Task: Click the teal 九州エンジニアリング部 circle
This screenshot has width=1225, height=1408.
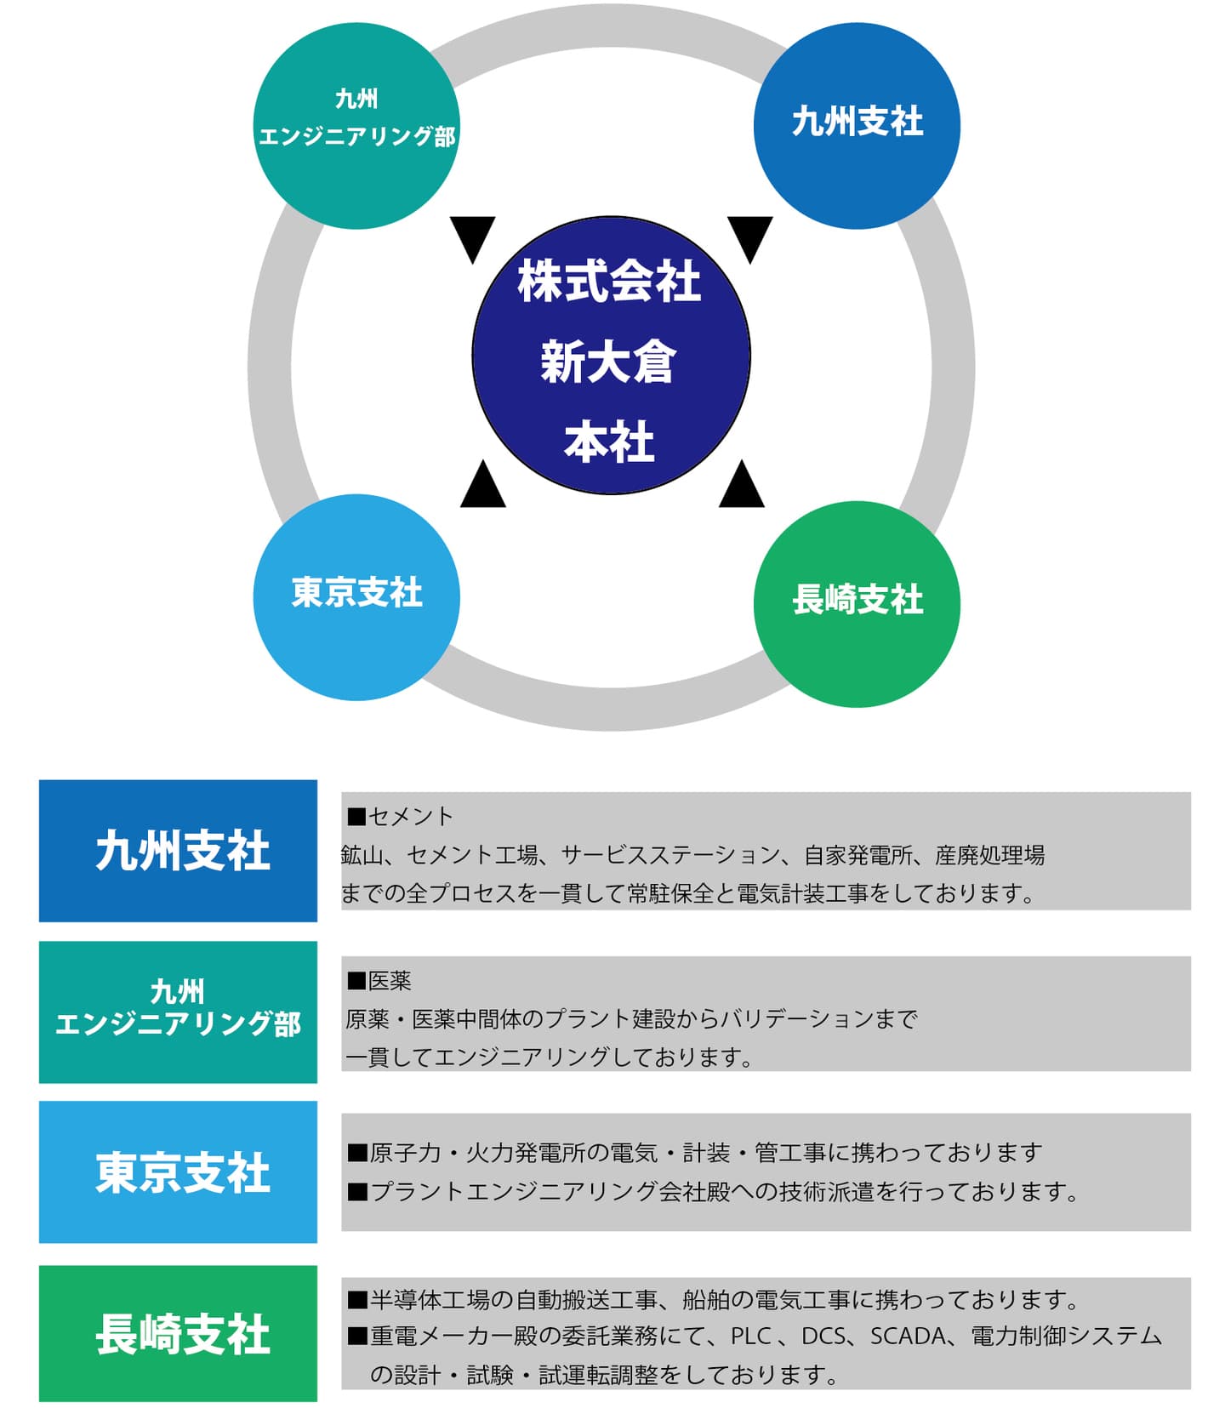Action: pos(356,125)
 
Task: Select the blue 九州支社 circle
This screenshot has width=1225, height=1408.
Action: pos(857,125)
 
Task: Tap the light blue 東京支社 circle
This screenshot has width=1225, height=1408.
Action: pos(356,597)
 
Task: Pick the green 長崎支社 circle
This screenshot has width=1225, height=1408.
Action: pos(857,603)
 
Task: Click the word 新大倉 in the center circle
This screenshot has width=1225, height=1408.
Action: pos(609,361)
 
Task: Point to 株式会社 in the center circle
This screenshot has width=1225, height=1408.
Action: pos(609,282)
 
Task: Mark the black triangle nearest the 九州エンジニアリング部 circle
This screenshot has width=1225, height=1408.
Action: pos(473,236)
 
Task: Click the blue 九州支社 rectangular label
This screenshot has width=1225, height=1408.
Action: pos(178,850)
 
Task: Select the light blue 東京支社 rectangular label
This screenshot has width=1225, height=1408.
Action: pos(178,1171)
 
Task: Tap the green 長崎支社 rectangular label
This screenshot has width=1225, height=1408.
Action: pos(178,1332)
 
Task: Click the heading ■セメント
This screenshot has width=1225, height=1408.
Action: pos(400,816)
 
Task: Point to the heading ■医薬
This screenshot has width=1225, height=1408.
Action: pos(379,980)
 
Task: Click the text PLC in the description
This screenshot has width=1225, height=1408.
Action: pos(750,1336)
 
